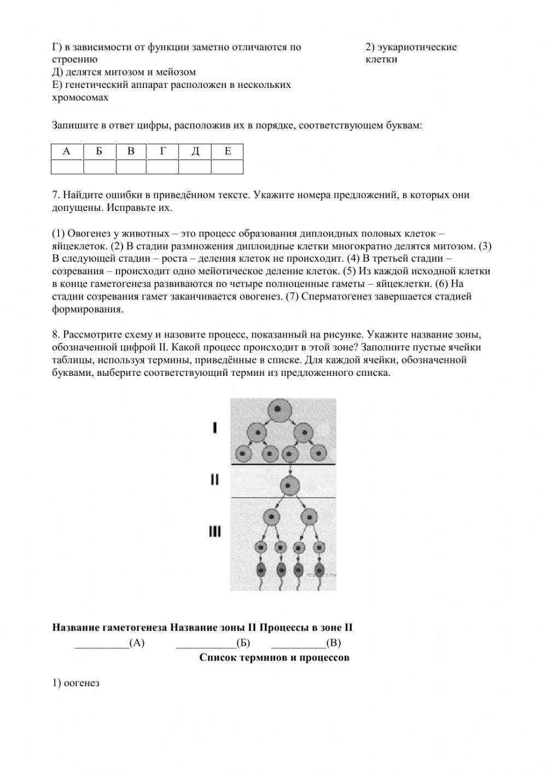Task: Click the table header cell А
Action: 67,151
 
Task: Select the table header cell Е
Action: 228,151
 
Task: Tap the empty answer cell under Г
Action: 163,167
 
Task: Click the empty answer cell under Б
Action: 99,167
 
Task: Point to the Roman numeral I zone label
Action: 214,428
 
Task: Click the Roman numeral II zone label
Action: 214,480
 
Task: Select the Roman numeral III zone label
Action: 214,531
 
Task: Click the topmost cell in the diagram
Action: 278,409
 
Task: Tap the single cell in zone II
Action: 290,485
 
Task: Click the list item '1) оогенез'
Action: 76,683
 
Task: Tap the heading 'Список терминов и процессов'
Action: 274,657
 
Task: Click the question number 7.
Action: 55,195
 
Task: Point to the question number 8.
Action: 55,335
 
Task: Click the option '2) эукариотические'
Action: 411,48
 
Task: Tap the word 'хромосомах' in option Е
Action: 80,98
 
